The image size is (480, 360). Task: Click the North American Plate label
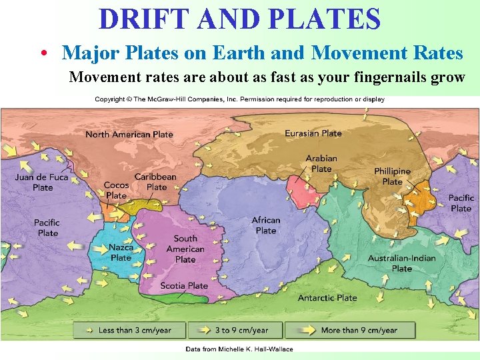(129, 134)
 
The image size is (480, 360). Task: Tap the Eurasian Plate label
(313, 133)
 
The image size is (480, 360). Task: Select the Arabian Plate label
(321, 163)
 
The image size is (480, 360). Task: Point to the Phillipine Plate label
(392, 176)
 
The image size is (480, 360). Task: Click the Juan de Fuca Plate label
(43, 182)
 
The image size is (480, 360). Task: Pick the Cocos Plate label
(116, 190)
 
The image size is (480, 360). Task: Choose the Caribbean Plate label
(155, 181)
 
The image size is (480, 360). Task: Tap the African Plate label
(266, 225)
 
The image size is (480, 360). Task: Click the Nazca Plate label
(121, 252)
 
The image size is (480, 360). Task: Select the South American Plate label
(185, 248)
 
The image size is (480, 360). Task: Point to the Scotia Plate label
(184, 286)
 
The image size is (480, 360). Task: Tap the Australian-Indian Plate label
(401, 263)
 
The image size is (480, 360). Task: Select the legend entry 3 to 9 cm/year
(241, 330)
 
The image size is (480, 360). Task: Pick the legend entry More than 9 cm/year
(359, 330)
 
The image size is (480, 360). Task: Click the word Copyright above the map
(110, 99)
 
